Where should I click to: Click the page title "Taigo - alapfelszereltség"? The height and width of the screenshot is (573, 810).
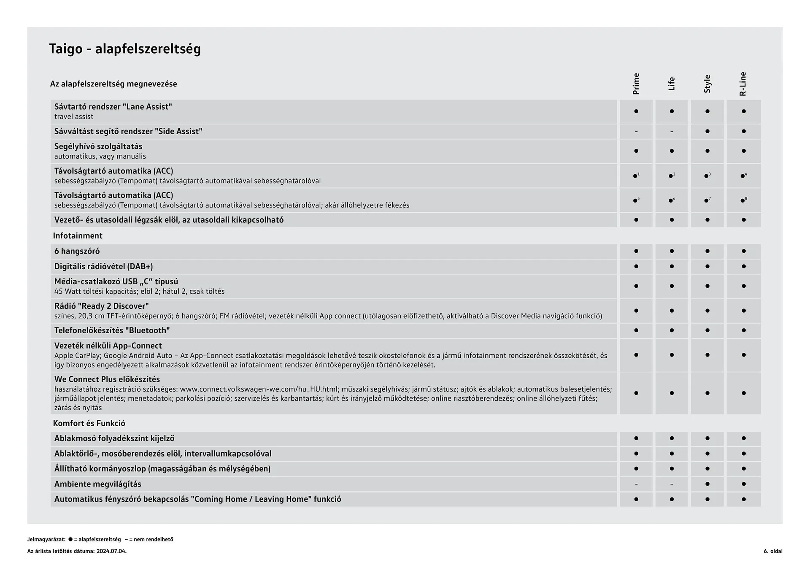125,49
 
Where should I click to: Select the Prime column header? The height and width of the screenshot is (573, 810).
636,84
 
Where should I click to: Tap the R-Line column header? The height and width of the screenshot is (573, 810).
743,84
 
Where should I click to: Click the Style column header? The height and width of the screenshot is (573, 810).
707,84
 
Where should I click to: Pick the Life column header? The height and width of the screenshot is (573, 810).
672,84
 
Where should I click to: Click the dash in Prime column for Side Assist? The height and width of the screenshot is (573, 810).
636,132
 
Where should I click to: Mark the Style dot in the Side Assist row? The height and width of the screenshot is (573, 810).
707,131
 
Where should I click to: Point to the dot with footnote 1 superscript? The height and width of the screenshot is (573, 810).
635,176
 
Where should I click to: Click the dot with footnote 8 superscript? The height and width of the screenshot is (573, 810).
742,200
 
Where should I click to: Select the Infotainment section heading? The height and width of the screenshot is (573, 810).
78,236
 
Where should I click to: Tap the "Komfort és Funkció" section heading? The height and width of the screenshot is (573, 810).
89,423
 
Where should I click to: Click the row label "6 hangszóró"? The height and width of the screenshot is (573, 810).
77,251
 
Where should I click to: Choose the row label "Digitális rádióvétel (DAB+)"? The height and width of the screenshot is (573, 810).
103,266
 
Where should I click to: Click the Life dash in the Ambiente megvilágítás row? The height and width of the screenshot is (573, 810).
672,484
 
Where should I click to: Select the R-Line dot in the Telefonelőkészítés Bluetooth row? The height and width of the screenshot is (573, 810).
743,330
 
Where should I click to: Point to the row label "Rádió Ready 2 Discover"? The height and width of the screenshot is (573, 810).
101,306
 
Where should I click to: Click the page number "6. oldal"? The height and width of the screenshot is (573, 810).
773,551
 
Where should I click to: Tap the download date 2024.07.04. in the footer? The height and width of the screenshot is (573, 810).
111,551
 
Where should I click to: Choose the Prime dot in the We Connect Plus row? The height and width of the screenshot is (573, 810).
636,393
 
